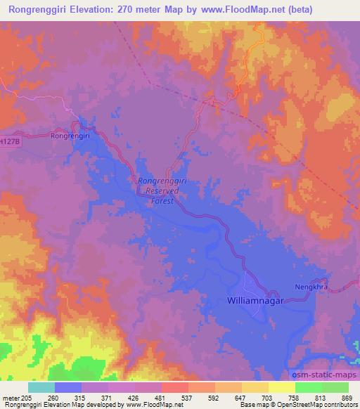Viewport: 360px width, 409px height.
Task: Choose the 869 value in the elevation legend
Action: point(347,398)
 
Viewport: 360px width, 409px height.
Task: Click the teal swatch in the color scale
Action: point(41,387)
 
